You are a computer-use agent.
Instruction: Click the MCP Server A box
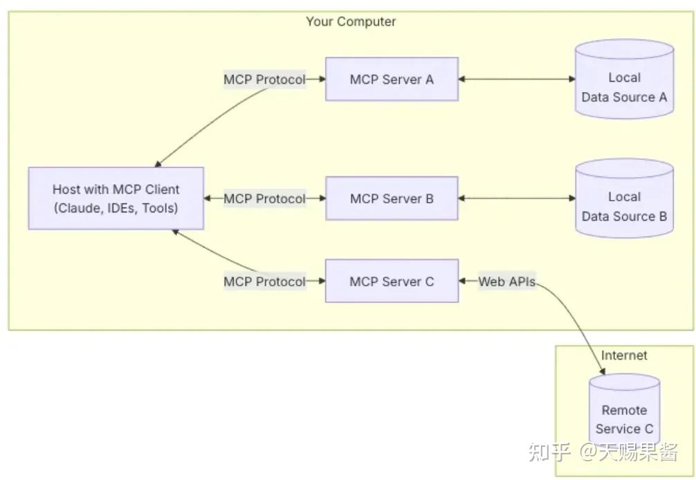[392, 79]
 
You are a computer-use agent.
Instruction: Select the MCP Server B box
[392, 199]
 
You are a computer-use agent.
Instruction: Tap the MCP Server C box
[392, 281]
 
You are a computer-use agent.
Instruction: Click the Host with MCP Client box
[116, 199]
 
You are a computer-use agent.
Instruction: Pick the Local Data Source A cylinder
[625, 79]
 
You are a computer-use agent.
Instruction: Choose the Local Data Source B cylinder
[625, 199]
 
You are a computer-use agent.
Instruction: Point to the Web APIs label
[507, 281]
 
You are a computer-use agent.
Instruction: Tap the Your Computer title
[351, 21]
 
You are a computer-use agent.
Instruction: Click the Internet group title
[624, 355]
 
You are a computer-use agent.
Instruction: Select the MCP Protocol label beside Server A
[264, 80]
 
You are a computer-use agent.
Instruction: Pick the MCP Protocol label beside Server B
[264, 199]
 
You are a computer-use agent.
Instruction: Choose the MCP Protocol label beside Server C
[264, 281]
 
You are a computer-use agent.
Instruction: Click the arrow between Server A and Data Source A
[517, 79]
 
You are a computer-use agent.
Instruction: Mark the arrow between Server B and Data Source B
[517, 199]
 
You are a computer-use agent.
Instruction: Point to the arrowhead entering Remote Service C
[602, 371]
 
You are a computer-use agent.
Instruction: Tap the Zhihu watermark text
[603, 452]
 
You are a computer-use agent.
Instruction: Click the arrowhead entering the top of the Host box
[158, 164]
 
